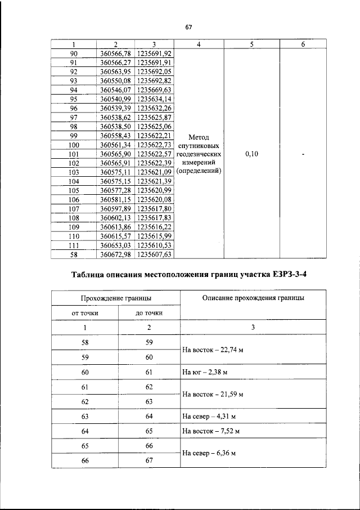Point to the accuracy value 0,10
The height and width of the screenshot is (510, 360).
[x=252, y=154]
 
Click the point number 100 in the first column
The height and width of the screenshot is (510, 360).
[x=74, y=145]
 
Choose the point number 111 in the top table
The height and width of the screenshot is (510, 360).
[x=74, y=245]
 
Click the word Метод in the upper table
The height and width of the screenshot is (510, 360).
[x=199, y=137]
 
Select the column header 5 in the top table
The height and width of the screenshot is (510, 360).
[x=252, y=44]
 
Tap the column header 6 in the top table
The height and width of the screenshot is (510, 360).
[x=303, y=44]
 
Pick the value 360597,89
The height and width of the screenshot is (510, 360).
[x=115, y=208]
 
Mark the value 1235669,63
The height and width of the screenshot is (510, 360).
[x=155, y=90]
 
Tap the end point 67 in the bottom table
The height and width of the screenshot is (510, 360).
[x=149, y=460]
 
